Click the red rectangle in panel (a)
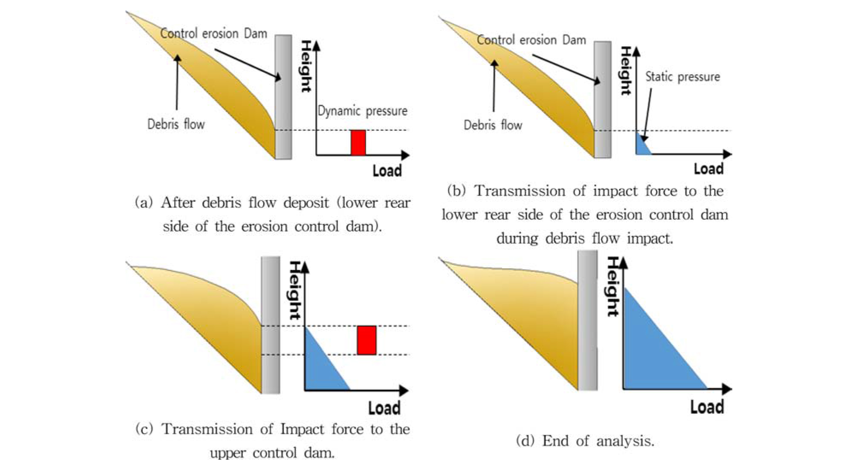(x=358, y=142)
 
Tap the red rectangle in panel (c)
(x=367, y=340)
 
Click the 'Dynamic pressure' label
(x=362, y=111)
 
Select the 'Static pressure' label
(x=682, y=77)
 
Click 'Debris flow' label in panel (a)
(x=176, y=124)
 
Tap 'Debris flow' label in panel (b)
(x=493, y=125)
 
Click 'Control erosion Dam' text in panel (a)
(x=213, y=33)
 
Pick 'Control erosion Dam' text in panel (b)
(x=531, y=40)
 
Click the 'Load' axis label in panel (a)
(x=387, y=171)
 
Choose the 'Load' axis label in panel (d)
(x=707, y=407)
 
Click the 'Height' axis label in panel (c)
(x=295, y=291)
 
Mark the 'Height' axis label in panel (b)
(x=626, y=71)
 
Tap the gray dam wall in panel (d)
(x=587, y=321)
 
